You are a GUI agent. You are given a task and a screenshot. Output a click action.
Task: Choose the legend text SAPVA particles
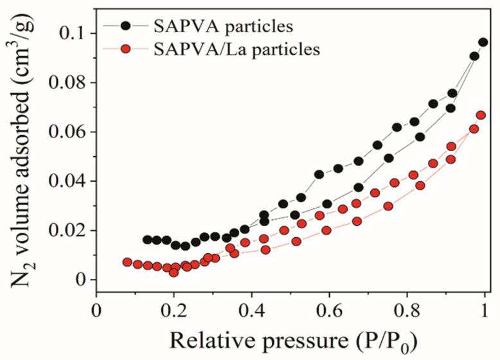coord(223,26)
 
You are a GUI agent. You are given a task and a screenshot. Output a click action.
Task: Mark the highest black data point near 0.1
coord(483,42)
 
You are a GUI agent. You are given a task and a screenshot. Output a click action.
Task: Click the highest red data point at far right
coord(481,116)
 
